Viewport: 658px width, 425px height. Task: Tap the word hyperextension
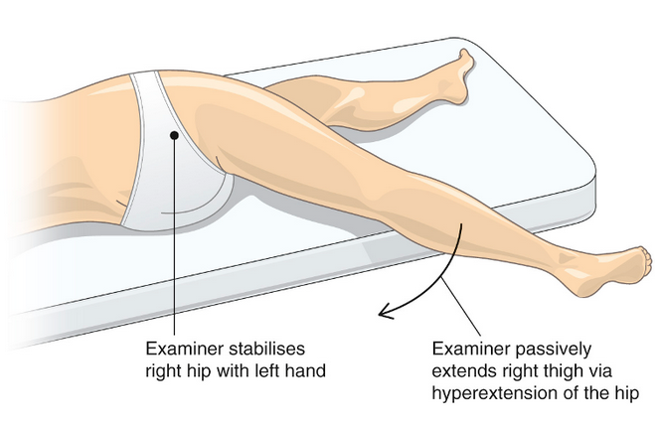pyautogui.click(x=493, y=394)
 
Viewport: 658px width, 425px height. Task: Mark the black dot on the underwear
pyautogui.click(x=174, y=133)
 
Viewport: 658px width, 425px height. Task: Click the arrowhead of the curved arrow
pyautogui.click(x=384, y=314)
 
